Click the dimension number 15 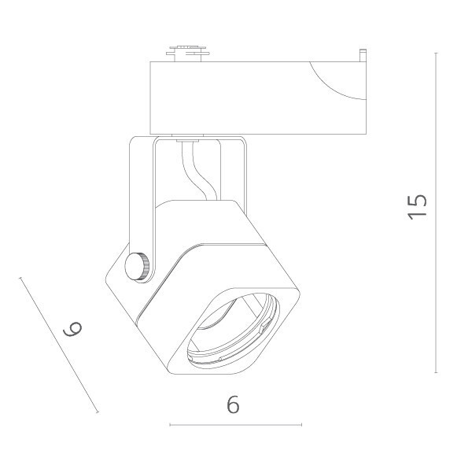click(x=418, y=206)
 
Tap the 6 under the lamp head click(x=233, y=405)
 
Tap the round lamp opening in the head click(x=232, y=331)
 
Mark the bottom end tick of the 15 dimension click(x=437, y=372)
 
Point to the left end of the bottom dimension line click(x=170, y=426)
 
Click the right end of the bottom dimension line click(x=301, y=426)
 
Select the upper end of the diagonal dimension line click(x=20, y=276)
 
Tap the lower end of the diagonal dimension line click(x=98, y=412)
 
